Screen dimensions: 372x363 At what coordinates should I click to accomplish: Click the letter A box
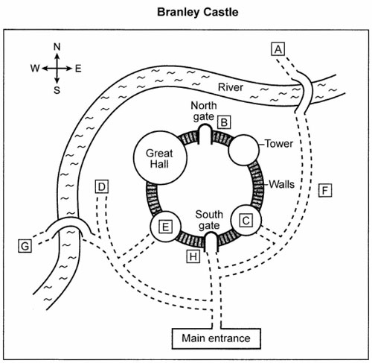(x=278, y=48)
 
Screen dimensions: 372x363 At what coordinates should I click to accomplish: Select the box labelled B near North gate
(x=224, y=122)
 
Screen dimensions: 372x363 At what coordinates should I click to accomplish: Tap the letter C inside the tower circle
(x=246, y=221)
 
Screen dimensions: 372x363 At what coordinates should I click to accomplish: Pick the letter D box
(x=102, y=186)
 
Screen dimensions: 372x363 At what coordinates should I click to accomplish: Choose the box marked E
(x=165, y=227)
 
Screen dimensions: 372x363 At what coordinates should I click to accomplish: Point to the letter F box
(x=325, y=190)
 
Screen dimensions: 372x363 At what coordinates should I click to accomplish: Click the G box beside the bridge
(x=25, y=246)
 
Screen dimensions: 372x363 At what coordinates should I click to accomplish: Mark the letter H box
(x=193, y=256)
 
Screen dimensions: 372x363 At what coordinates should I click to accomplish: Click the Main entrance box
(x=217, y=338)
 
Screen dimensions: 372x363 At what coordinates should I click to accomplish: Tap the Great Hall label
(x=159, y=159)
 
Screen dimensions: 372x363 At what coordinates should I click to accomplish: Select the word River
(x=231, y=87)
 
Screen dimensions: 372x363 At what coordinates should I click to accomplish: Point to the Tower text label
(x=279, y=144)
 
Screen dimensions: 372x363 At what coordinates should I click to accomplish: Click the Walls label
(x=282, y=184)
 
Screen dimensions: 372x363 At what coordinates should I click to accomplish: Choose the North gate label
(x=204, y=111)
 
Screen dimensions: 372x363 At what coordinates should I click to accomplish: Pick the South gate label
(x=209, y=220)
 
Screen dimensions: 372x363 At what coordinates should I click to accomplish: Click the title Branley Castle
(x=198, y=12)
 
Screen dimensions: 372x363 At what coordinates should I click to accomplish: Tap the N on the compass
(x=57, y=47)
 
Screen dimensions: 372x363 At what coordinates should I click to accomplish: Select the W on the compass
(x=35, y=68)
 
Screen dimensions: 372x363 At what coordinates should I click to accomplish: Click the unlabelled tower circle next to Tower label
(x=243, y=150)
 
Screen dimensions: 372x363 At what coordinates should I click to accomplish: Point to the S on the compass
(x=57, y=90)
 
